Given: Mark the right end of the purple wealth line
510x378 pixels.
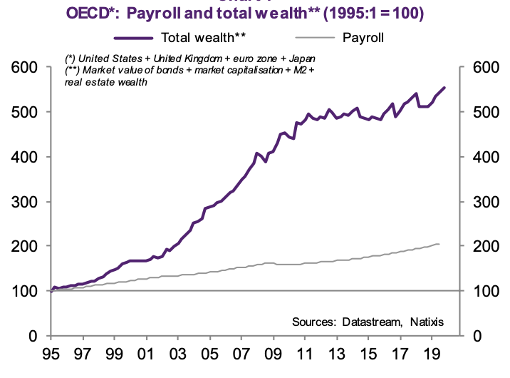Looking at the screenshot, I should pos(445,88).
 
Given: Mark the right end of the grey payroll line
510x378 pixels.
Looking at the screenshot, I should pos(439,245).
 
